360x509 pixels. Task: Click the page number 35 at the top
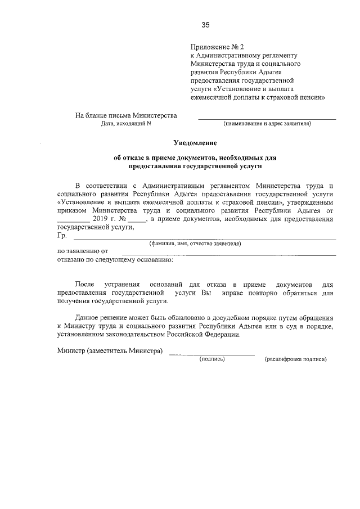tap(205, 25)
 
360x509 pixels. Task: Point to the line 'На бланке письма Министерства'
tap(126, 115)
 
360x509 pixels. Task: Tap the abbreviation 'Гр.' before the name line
tap(62, 236)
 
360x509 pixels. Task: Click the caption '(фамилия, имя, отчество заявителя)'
tap(195, 244)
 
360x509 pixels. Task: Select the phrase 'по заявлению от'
tap(83, 251)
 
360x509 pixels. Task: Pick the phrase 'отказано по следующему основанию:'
tap(115, 260)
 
